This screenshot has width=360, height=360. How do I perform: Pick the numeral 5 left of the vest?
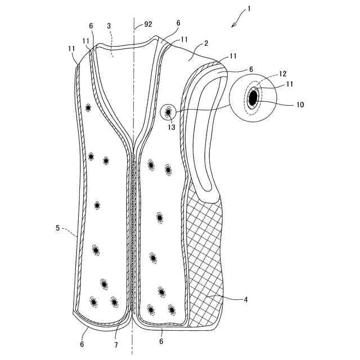point(57,228)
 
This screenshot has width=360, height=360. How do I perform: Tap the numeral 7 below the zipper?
point(116,344)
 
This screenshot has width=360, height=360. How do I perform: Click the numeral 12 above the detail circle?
point(283,74)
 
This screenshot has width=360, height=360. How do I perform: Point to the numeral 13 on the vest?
point(171,127)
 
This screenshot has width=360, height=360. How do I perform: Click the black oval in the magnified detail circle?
point(253,97)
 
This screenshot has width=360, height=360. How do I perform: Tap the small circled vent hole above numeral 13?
point(168,113)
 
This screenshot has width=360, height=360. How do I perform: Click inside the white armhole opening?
point(202,141)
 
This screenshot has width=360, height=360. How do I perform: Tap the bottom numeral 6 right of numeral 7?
point(161,341)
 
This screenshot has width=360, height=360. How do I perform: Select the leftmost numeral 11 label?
point(72,49)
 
